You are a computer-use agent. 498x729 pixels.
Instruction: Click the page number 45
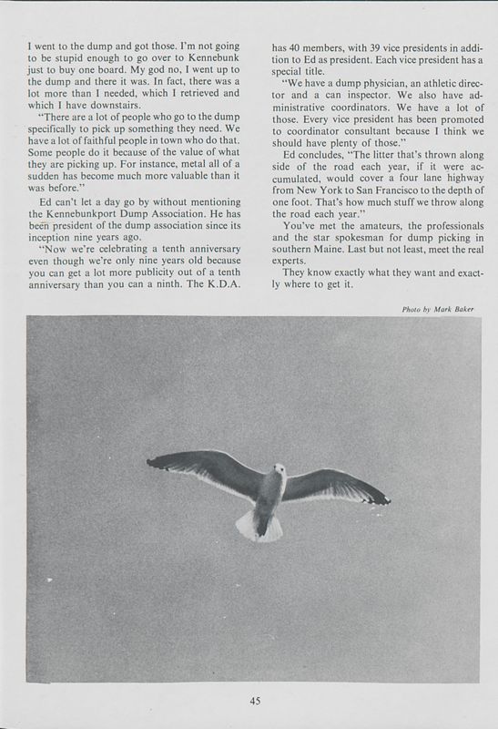[256, 701]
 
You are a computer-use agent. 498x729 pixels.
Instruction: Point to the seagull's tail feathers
[254, 524]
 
